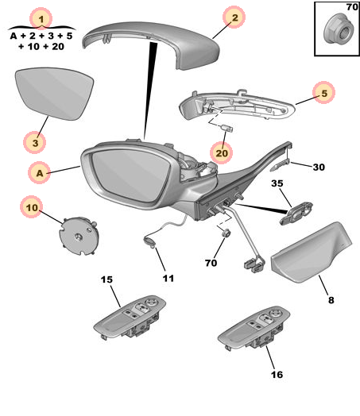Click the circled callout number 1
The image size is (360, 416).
tap(42, 17)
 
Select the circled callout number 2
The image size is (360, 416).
tap(232, 17)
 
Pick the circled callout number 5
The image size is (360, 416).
tap(323, 93)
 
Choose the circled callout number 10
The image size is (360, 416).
tap(32, 208)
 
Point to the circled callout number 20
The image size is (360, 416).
tap(222, 148)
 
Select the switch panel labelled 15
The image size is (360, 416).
tap(130, 316)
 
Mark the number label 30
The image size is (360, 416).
tap(318, 167)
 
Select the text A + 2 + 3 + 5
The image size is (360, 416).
tap(42, 36)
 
